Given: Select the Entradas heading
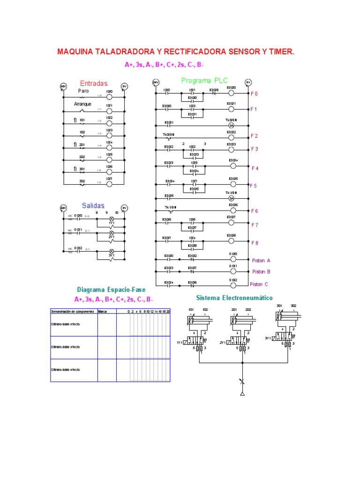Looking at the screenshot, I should tap(94, 83).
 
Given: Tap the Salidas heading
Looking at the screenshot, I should tap(93, 205).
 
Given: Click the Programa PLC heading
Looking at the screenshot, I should tap(204, 81).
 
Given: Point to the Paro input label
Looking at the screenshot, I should tap(83, 91).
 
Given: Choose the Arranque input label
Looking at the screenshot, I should tap(82, 104).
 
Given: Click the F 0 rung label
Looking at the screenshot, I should tap(255, 94).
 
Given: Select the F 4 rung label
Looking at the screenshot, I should tap(255, 168).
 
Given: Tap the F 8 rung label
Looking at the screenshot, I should tap(255, 243).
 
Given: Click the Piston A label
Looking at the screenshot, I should tap(262, 260).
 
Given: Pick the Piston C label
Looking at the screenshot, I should tap(259, 284).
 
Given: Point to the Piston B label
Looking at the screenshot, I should tap(262, 271).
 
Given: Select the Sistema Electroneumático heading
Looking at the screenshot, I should tap(234, 298).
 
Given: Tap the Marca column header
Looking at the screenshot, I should tap(102, 311).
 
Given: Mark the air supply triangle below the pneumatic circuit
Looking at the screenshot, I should tap(242, 394).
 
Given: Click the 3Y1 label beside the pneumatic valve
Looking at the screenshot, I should tap(268, 337).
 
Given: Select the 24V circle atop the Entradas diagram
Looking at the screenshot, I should tap(63, 87).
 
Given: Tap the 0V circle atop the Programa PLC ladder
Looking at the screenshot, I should tap(248, 82).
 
